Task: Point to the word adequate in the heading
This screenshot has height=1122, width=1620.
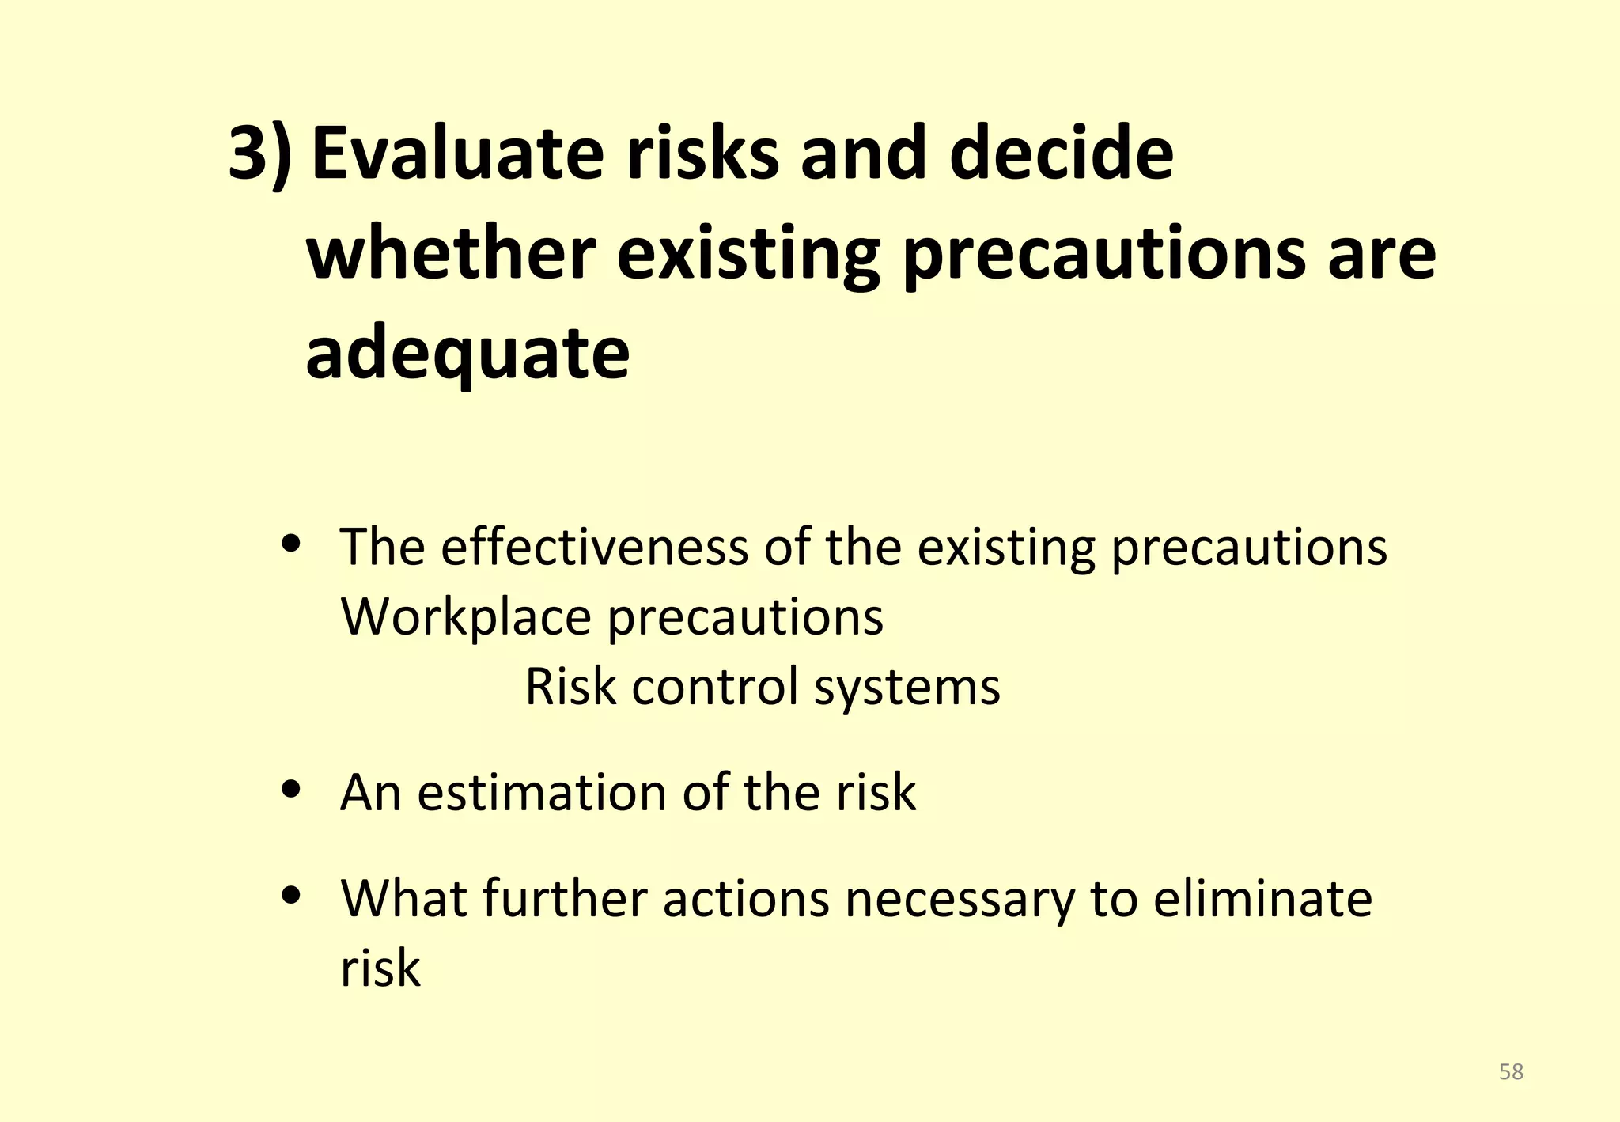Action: pyautogui.click(x=467, y=354)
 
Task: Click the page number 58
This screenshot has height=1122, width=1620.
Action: pyautogui.click(x=1511, y=1071)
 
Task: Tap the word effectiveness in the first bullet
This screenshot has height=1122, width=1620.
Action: pyautogui.click(x=594, y=547)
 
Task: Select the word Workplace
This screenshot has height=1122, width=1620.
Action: pyautogui.click(x=466, y=616)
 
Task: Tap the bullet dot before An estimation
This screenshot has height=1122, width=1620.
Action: pyautogui.click(x=293, y=789)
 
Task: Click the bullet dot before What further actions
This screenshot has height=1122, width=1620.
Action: pyautogui.click(x=293, y=895)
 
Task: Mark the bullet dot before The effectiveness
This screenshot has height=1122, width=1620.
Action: pyautogui.click(x=293, y=544)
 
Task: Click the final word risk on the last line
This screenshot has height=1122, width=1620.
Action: pyautogui.click(x=380, y=968)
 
